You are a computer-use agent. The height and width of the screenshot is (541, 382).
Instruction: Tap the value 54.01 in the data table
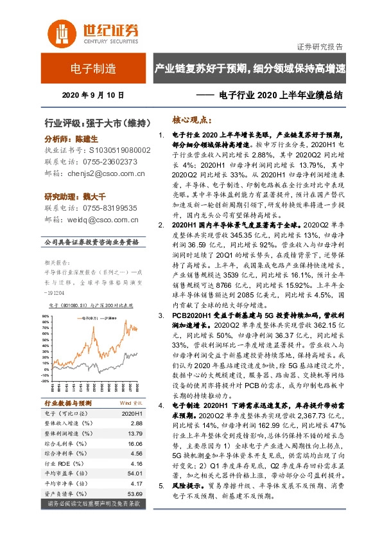(135, 472)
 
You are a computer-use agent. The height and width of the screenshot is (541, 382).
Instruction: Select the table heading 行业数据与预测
(69, 403)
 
